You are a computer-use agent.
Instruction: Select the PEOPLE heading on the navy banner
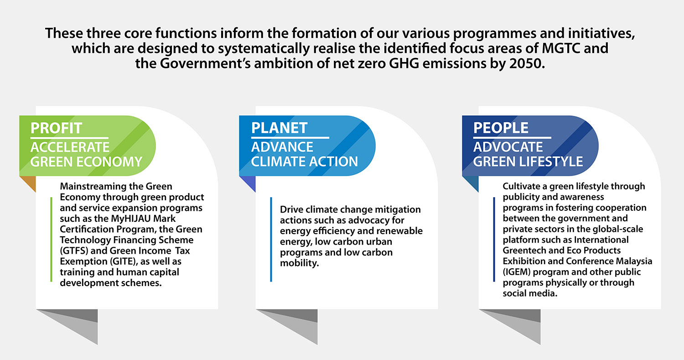point(501,128)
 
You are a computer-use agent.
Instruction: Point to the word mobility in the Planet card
point(299,263)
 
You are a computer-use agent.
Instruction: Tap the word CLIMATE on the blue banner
point(279,162)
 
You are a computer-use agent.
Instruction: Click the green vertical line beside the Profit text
point(51,240)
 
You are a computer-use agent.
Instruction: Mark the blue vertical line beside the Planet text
point(271,240)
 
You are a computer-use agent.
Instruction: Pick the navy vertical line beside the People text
point(494,240)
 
